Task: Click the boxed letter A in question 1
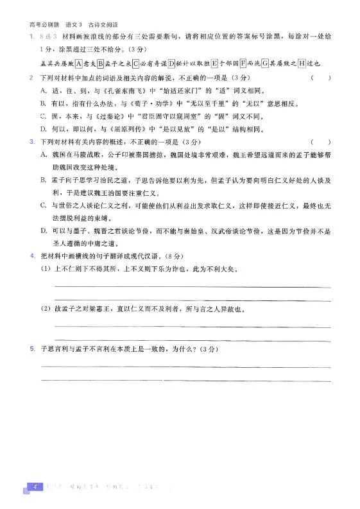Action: point(78,64)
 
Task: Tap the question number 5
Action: point(31,349)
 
